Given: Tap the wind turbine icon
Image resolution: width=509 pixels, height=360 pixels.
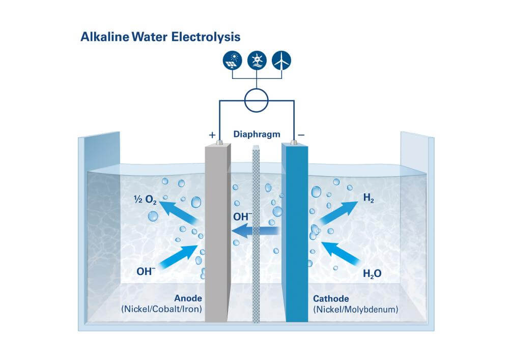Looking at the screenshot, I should click(x=281, y=61).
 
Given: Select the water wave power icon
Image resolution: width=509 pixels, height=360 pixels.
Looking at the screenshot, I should click(x=257, y=61).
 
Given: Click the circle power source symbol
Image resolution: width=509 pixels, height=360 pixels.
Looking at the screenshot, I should click(x=257, y=100).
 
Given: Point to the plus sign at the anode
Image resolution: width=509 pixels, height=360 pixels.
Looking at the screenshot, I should click(x=212, y=135).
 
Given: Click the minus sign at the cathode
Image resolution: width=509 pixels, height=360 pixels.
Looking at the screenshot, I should click(x=301, y=135).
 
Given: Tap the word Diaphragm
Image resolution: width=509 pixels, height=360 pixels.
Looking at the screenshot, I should click(x=257, y=134).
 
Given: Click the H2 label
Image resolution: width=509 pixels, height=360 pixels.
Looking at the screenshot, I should click(x=369, y=199).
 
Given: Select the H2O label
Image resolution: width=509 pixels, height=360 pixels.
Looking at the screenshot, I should click(x=372, y=274).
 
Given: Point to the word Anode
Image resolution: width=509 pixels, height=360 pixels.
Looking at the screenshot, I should click(x=188, y=298).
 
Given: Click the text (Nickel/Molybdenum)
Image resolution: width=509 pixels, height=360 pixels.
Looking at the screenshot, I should click(x=355, y=309).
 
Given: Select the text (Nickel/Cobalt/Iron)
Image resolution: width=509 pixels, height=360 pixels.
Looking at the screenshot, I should click(x=161, y=309).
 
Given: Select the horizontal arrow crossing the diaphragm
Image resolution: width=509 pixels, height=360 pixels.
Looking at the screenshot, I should click(x=257, y=232).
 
